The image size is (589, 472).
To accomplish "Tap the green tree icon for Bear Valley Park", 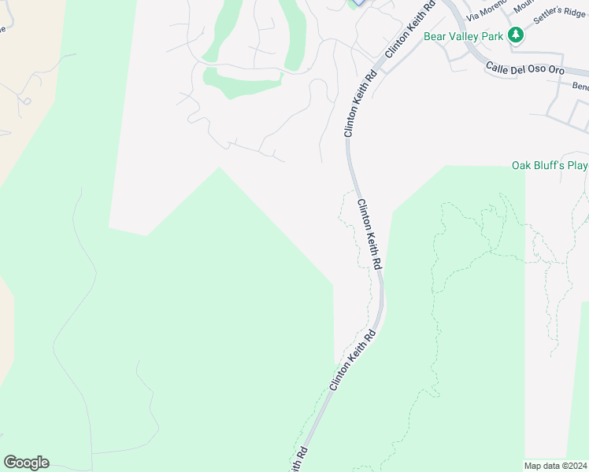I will pos(516,35).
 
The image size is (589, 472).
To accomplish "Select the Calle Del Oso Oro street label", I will pos(524,69).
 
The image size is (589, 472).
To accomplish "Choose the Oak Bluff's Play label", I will pos(550,165).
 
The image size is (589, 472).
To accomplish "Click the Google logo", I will pos(26,463).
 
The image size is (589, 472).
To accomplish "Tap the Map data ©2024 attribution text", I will pos(556,466).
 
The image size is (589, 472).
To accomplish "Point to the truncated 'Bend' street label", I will pos(580,86).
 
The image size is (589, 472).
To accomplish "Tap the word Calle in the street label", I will pos(499,67).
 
